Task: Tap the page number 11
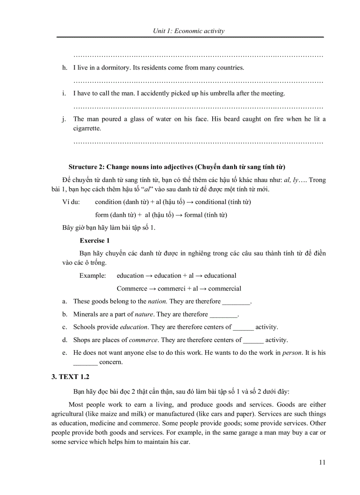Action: click(322, 462)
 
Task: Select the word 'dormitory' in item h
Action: click(115, 68)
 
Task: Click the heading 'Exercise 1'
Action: click(94, 241)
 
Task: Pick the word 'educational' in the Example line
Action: click(220, 275)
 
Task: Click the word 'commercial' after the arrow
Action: click(225, 289)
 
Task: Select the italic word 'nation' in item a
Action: click(157, 301)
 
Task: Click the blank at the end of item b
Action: click(223, 315)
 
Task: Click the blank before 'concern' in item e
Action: click(85, 362)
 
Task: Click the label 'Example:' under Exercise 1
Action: click(93, 275)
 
